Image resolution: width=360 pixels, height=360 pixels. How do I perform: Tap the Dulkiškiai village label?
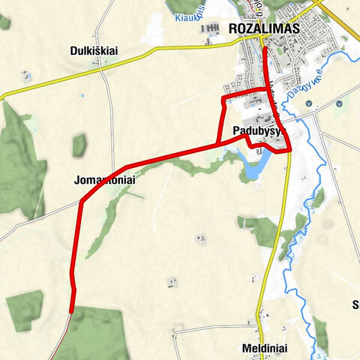pyautogui.click(x=96, y=51)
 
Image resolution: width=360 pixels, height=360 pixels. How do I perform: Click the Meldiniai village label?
pyautogui.click(x=265, y=349)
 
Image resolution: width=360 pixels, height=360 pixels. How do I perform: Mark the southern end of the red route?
pyautogui.click(x=71, y=311)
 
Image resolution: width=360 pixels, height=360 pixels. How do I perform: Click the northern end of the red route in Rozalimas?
pyautogui.click(x=265, y=48)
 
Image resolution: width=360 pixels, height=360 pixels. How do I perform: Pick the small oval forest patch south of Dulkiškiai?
pyautogui.click(x=79, y=145)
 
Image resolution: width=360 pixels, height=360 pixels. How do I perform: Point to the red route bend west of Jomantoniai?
pyautogui.click(x=80, y=200)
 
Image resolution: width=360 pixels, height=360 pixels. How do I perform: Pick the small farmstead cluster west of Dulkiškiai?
pyautogui.click(x=27, y=75)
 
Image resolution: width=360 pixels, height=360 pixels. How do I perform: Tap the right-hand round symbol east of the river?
pyautogui.click(x=340, y=103)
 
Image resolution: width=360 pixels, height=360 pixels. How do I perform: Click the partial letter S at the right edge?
pyautogui.click(x=355, y=304)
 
